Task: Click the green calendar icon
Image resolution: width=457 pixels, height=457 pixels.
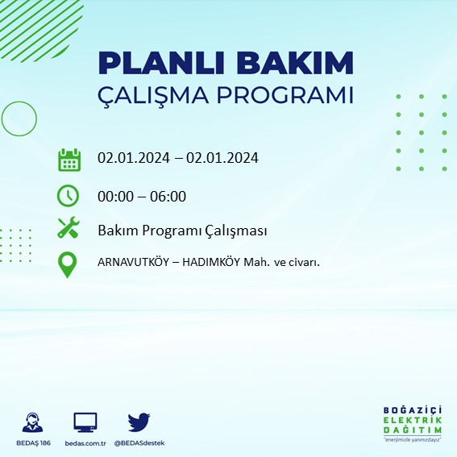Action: (x=69, y=160)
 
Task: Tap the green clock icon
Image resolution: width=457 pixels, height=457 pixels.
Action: (x=69, y=195)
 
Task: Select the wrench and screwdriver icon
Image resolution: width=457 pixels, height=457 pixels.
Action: (x=69, y=229)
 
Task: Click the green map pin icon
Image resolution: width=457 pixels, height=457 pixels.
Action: (x=69, y=264)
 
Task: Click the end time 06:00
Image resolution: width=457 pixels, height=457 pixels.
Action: (x=169, y=196)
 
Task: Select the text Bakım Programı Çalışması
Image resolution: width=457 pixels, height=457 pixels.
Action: (x=182, y=231)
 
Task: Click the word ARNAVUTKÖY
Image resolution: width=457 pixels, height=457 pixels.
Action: (x=134, y=261)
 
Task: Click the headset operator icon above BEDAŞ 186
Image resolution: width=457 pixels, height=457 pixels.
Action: (x=32, y=422)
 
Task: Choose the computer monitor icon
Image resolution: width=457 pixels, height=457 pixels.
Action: (x=85, y=422)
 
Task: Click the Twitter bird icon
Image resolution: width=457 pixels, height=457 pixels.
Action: (x=139, y=422)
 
